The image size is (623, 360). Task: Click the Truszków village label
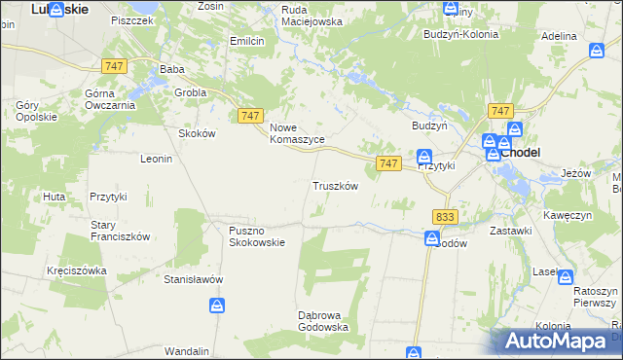336,186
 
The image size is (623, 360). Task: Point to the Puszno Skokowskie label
257,236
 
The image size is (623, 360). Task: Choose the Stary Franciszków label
119,230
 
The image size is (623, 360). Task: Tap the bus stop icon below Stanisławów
217,306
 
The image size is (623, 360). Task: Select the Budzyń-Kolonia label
460,34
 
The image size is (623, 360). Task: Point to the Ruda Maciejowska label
312,15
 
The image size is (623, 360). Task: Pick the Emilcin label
247,41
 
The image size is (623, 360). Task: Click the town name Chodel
521,153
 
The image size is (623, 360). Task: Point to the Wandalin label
187,350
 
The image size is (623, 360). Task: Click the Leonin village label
156,159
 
